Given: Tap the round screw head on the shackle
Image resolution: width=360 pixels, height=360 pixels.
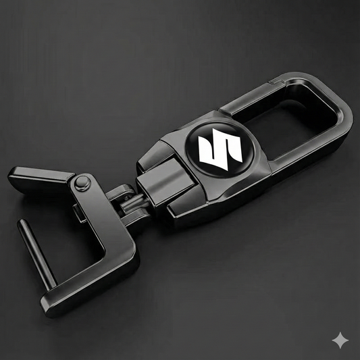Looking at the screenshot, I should pos(84,182).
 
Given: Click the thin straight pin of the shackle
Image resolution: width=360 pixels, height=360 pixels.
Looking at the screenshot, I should pos(34,249).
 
